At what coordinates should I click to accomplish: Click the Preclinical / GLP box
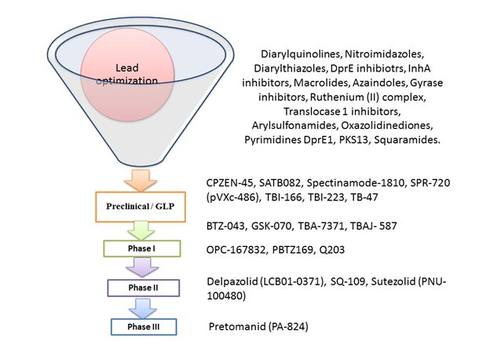pyautogui.click(x=141, y=207)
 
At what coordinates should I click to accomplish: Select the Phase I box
pyautogui.click(x=142, y=248)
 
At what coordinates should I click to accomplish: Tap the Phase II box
pyautogui.click(x=143, y=288)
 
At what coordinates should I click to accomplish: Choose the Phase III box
pyautogui.click(x=143, y=326)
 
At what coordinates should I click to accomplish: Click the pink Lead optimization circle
pyautogui.click(x=130, y=72)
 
